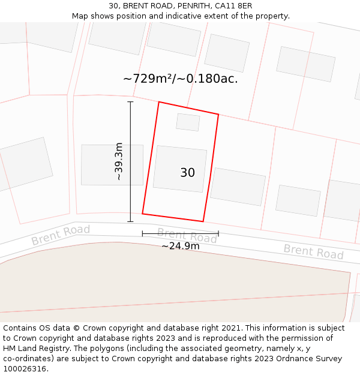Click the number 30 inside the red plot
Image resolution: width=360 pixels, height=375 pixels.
point(187,173)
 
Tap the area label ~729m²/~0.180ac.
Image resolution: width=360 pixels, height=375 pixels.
point(180,79)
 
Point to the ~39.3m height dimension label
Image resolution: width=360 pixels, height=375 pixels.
point(119,161)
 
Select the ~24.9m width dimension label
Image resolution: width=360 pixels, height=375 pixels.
point(180,246)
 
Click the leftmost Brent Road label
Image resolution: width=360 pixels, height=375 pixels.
point(61,235)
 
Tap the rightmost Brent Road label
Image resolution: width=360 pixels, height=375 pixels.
point(313,252)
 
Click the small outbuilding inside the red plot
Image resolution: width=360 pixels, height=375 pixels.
point(188,122)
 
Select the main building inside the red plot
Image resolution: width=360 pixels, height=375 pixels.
point(179,169)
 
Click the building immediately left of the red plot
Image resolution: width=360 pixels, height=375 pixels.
point(112,164)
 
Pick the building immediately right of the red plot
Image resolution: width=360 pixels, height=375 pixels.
point(238,187)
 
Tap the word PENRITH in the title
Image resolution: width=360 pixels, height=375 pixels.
point(179,6)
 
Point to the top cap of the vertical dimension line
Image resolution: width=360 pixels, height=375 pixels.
point(130,102)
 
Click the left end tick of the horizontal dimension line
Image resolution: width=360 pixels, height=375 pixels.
point(142,233)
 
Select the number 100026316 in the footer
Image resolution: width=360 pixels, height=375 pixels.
point(25,368)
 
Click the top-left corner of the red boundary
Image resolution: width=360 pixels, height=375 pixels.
point(159,102)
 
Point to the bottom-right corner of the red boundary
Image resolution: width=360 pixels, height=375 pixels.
point(203,221)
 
